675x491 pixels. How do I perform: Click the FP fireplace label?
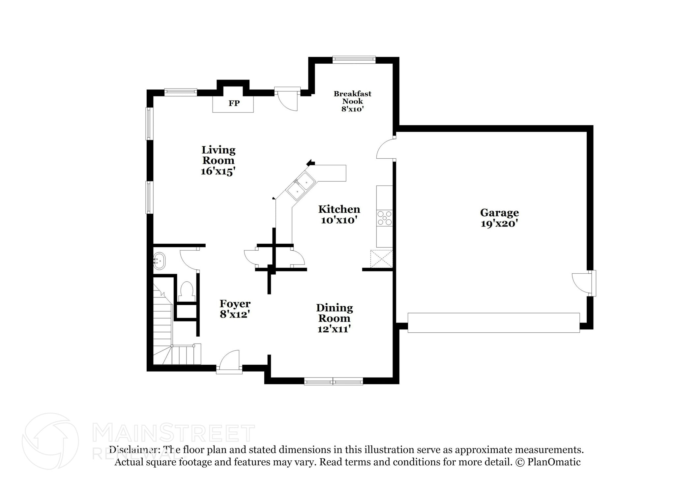[x=234, y=103]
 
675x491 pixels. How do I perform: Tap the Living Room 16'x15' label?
[x=218, y=160]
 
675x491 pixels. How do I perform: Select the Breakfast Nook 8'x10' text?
[x=352, y=101]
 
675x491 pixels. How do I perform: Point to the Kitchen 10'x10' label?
[x=339, y=214]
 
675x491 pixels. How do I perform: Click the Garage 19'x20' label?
[x=499, y=218]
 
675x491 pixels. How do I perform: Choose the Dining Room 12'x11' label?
[x=334, y=318]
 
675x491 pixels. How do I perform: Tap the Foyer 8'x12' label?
[x=235, y=309]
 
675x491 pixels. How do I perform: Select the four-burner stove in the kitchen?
[x=385, y=218]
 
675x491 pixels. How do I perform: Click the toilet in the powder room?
[x=187, y=290]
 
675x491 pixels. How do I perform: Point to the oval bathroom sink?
[x=160, y=261]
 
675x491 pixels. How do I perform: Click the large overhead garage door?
[x=493, y=322]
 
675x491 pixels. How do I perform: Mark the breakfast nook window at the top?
[x=354, y=59]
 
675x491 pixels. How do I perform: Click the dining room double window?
[x=333, y=382]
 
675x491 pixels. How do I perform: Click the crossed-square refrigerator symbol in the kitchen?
[x=381, y=259]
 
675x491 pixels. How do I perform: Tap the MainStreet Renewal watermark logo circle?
[x=50, y=441]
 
